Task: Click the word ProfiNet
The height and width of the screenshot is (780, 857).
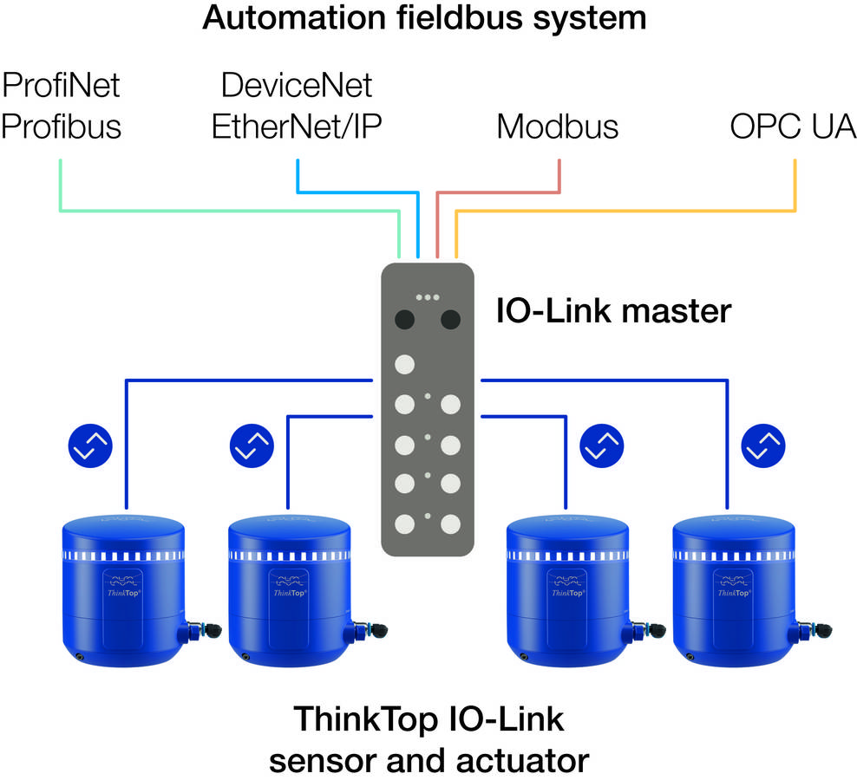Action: (60, 86)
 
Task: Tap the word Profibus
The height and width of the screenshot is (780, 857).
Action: (60, 127)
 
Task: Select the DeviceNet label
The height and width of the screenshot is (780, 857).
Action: (297, 86)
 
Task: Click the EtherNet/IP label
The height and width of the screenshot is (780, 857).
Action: (297, 127)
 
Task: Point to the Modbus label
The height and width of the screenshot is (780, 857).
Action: (557, 127)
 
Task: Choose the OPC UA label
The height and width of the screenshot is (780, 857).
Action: (793, 127)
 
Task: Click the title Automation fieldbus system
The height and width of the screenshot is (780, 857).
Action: (424, 18)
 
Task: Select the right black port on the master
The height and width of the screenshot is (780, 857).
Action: (450, 320)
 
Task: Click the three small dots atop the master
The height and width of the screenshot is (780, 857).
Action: (427, 297)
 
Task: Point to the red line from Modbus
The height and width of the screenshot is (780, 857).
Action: (503, 191)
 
